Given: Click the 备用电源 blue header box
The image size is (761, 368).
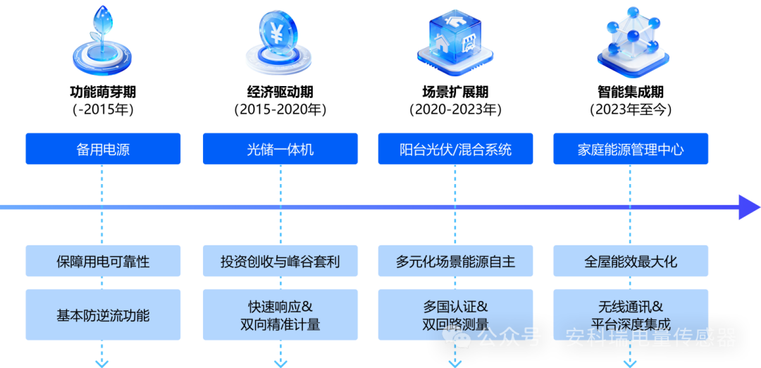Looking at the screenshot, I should tap(103, 149).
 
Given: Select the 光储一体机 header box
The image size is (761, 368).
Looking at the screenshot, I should tap(280, 149).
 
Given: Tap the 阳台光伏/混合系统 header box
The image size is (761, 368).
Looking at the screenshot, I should tap(455, 149).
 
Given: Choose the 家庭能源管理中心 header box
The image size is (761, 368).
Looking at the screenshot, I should tap(630, 149).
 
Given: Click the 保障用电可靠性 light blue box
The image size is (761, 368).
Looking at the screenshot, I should tap(103, 261).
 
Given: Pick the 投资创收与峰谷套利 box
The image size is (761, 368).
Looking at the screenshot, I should tap(280, 261).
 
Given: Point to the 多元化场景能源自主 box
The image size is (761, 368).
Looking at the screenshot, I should tap(455, 261).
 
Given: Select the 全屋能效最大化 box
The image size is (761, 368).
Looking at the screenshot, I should tap(630, 261).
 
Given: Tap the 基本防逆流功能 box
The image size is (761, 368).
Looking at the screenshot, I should tap(103, 315).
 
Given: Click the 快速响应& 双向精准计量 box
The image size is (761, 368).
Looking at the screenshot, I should tap(280, 315).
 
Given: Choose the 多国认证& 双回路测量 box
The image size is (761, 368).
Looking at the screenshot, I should tap(455, 315).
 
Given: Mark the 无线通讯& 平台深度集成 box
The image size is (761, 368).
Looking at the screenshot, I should tap(630, 315).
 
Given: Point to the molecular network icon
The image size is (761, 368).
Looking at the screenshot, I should tap(633, 41).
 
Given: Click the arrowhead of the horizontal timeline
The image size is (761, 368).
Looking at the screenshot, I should tap(749, 207).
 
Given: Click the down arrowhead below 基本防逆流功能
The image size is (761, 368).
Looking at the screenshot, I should tap(103, 362).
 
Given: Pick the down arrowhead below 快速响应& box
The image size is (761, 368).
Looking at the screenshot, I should tap(280, 362).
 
